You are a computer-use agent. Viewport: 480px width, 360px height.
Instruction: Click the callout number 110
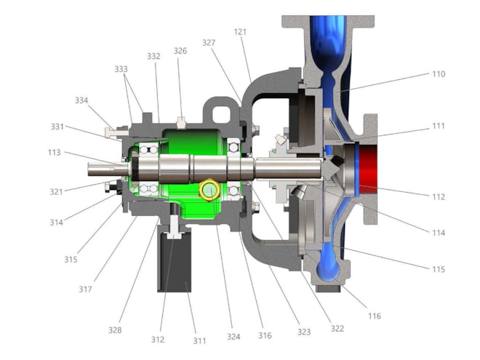(x=439, y=74)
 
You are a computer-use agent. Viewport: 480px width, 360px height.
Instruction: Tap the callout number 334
(x=81, y=100)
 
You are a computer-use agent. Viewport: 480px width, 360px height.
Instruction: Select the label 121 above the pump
(x=240, y=32)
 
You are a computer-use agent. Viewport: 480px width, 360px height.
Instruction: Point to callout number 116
(x=375, y=316)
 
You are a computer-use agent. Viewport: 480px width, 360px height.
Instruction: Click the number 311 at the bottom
(x=199, y=340)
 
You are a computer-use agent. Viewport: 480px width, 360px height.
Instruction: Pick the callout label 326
(x=180, y=51)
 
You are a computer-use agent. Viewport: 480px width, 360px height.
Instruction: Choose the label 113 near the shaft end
(x=55, y=153)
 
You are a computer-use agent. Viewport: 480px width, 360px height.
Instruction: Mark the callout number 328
(x=115, y=330)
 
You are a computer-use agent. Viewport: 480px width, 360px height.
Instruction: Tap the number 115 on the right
(x=439, y=269)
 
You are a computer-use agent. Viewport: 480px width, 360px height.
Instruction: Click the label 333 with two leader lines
(x=121, y=69)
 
